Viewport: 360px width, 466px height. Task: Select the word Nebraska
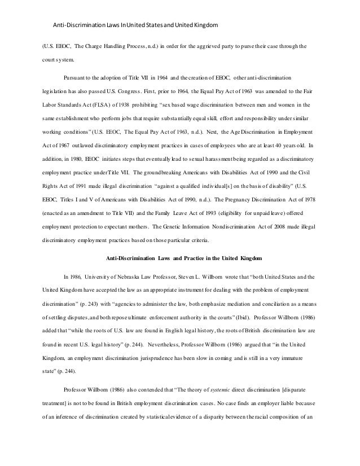[x=131, y=277]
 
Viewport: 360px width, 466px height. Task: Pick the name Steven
[x=195, y=277]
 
